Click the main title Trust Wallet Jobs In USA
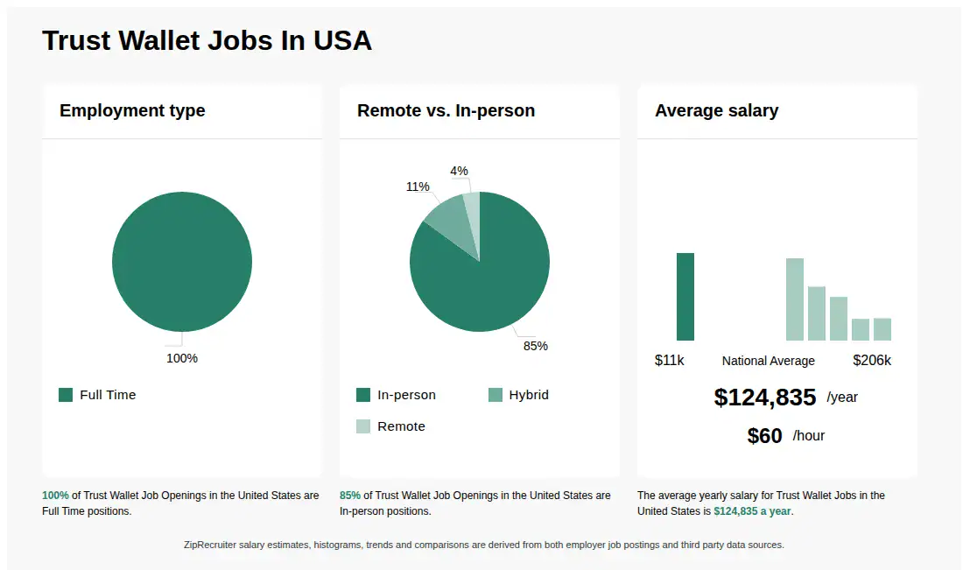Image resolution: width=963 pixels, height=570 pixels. click(207, 40)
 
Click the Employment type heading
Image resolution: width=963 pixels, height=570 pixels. click(132, 110)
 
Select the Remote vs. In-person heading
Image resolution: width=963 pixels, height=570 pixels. click(446, 110)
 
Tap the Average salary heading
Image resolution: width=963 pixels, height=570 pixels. click(716, 110)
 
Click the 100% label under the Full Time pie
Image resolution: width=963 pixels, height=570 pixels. click(182, 358)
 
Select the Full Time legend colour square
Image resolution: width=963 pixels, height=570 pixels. click(66, 395)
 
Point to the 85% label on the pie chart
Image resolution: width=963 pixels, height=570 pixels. click(535, 346)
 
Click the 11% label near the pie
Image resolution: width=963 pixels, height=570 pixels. click(418, 186)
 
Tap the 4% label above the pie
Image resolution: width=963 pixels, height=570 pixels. click(459, 171)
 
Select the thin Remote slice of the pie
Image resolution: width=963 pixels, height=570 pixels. click(472, 210)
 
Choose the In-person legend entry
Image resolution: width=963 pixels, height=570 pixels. click(396, 395)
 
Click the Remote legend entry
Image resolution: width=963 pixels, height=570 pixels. click(390, 426)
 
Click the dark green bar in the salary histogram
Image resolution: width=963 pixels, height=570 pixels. click(685, 296)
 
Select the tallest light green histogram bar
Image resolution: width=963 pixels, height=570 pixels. click(794, 299)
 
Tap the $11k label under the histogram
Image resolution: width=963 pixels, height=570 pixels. click(670, 360)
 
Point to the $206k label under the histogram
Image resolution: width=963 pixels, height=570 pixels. click(872, 360)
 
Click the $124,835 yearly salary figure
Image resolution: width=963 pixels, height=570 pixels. click(765, 398)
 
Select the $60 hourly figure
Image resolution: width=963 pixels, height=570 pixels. click(764, 436)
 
